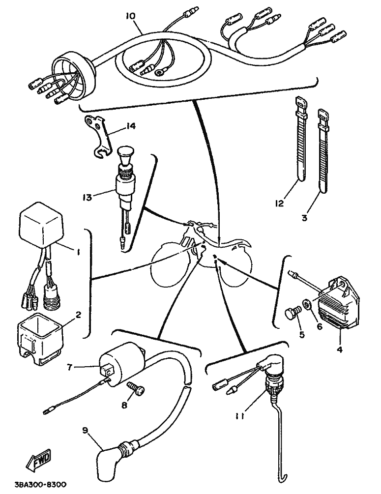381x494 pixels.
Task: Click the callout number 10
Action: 130,16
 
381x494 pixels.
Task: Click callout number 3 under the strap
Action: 304,217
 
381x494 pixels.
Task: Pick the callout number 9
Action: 85,430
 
